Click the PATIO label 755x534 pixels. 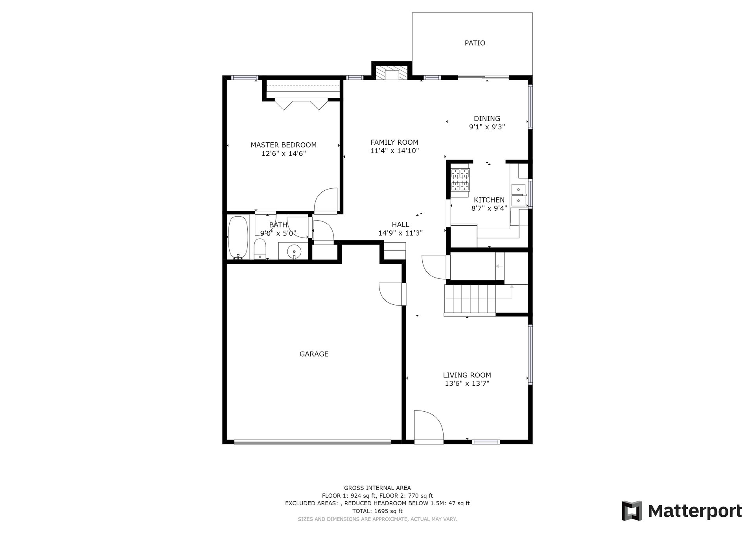click(x=475, y=43)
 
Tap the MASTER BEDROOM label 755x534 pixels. click(x=284, y=145)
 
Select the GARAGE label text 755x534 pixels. click(x=314, y=354)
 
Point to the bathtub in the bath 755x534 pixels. click(x=238, y=237)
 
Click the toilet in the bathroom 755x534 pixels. click(x=260, y=249)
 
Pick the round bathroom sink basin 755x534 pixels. click(x=294, y=251)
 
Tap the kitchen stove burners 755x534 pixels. click(x=460, y=180)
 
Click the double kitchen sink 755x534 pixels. click(x=519, y=195)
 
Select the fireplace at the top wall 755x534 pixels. click(x=391, y=72)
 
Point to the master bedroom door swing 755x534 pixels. click(x=326, y=201)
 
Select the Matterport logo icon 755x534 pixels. click(x=632, y=511)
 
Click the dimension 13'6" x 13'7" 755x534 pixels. click(x=467, y=384)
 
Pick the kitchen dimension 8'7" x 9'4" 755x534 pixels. click(x=489, y=208)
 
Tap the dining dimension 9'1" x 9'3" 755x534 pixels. click(x=487, y=127)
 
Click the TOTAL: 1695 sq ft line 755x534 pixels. click(x=377, y=511)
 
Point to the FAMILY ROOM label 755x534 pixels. click(x=394, y=142)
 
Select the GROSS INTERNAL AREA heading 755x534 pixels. click(x=377, y=488)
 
